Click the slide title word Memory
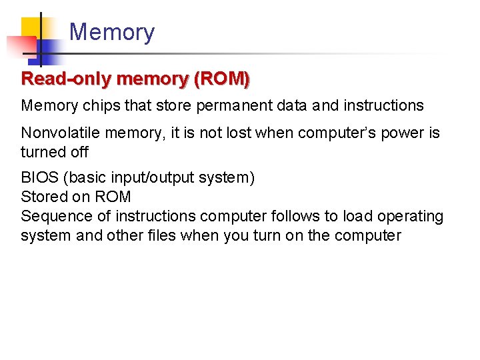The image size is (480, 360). tap(111, 32)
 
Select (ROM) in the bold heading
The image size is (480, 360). tap(222, 79)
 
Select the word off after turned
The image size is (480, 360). tap(79, 152)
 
